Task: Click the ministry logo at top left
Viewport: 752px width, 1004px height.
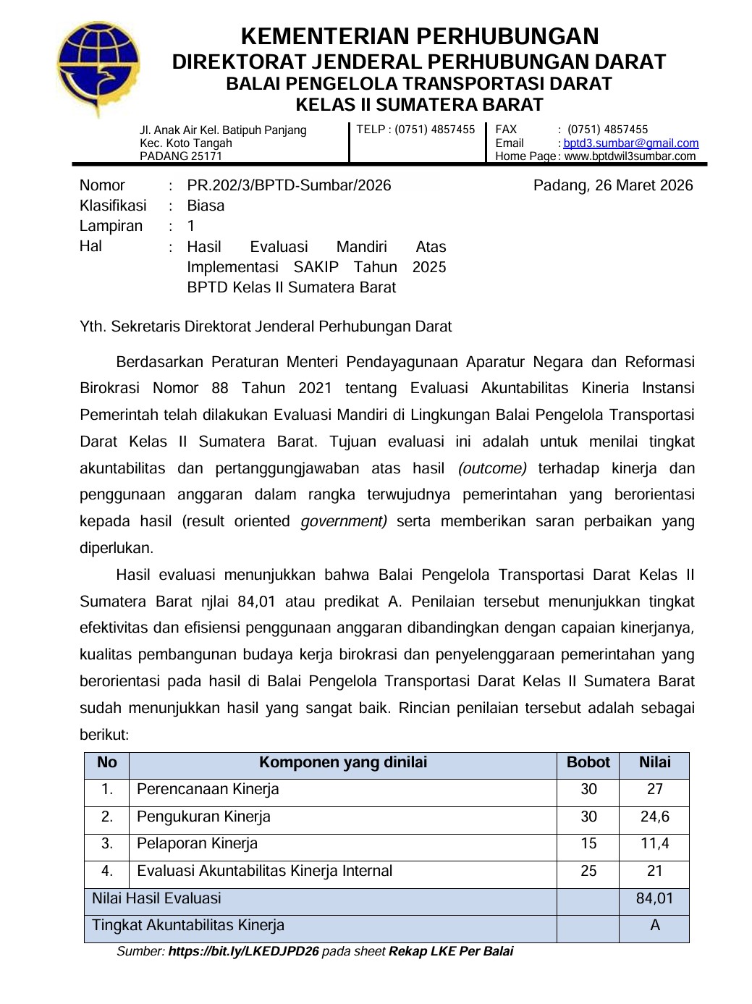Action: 99,69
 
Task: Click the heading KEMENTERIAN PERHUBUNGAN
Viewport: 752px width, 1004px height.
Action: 419,36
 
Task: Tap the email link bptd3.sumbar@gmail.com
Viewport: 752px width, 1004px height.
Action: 630,143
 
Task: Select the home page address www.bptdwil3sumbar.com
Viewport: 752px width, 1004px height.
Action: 629,156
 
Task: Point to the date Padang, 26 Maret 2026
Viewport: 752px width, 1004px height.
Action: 612,185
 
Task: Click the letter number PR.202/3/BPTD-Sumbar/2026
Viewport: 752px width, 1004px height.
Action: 289,185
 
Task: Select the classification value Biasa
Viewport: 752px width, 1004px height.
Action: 206,206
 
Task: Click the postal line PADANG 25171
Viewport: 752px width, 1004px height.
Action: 181,156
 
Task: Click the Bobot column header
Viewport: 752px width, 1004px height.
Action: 588,762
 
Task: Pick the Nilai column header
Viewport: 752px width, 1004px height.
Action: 654,762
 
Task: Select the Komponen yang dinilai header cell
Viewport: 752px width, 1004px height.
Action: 343,762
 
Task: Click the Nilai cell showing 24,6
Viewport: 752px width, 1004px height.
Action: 654,817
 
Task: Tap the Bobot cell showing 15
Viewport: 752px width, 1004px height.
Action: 588,843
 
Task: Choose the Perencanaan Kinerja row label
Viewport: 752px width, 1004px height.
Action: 208,789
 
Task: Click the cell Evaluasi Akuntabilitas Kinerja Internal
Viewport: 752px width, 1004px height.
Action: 264,871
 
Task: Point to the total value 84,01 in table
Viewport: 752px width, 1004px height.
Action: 654,898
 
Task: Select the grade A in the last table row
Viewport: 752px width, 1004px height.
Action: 654,925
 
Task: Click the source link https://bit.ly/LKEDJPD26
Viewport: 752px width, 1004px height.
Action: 243,951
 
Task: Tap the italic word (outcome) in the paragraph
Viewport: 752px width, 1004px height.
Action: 492,468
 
